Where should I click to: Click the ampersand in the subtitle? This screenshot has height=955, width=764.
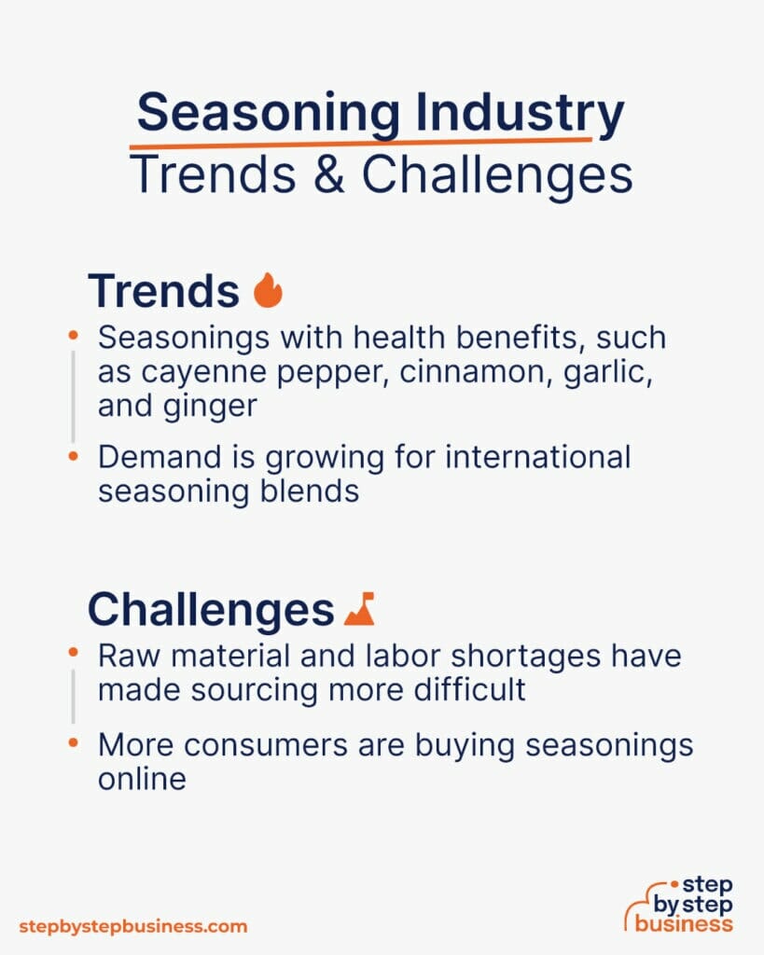335,174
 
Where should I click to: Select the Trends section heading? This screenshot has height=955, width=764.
163,291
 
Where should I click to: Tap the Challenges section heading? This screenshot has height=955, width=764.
210,610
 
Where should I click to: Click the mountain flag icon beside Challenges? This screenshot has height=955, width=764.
359,609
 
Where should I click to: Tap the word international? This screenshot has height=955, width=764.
511,457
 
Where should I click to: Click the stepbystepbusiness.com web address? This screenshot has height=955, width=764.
133,926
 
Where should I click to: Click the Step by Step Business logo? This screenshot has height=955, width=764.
680,904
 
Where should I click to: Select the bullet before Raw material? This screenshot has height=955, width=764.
74,656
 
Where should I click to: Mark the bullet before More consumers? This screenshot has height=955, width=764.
74,744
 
